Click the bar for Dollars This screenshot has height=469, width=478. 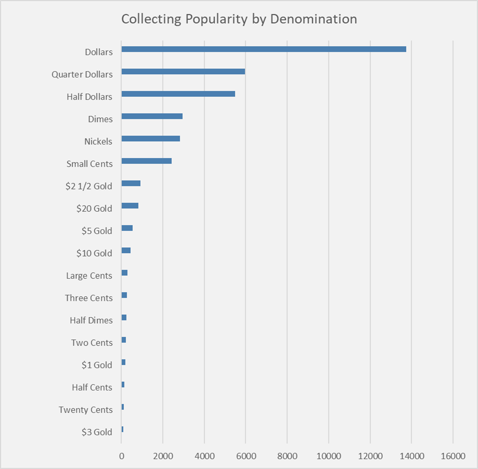click(264, 49)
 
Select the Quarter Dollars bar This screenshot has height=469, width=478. click(183, 71)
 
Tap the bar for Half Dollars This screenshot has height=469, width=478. click(178, 94)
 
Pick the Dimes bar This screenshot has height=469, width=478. click(152, 116)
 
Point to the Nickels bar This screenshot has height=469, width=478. click(151, 138)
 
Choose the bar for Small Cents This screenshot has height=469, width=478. click(146, 161)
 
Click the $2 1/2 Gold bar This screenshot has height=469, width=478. click(131, 183)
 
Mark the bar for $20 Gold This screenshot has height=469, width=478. click(130, 206)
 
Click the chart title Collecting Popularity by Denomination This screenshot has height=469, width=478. click(239, 19)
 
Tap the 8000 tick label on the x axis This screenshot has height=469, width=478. click(287, 456)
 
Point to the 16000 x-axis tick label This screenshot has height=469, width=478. click(453, 456)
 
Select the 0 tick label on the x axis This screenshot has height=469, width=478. click(121, 456)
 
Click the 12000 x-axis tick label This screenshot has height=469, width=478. click(370, 456)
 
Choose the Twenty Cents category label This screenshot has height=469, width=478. click(86, 410)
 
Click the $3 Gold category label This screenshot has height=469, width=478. click(97, 432)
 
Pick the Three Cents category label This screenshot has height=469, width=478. click(89, 298)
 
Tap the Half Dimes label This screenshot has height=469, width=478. click(91, 320)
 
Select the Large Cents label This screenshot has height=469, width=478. click(89, 276)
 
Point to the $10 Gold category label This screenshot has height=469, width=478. click(94, 253)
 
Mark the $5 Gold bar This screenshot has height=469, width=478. click(127, 228)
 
